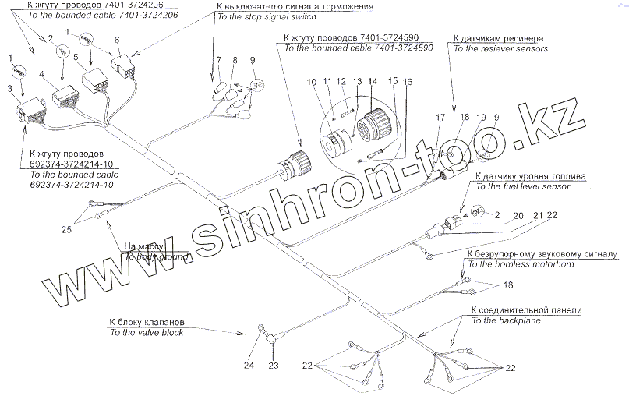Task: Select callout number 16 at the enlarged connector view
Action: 408,81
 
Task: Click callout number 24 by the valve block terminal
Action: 248,365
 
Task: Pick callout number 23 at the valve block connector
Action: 274,365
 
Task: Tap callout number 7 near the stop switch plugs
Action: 221,59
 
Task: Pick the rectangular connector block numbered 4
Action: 65,99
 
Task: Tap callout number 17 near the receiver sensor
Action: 440,118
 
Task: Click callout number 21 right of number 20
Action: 537,215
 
